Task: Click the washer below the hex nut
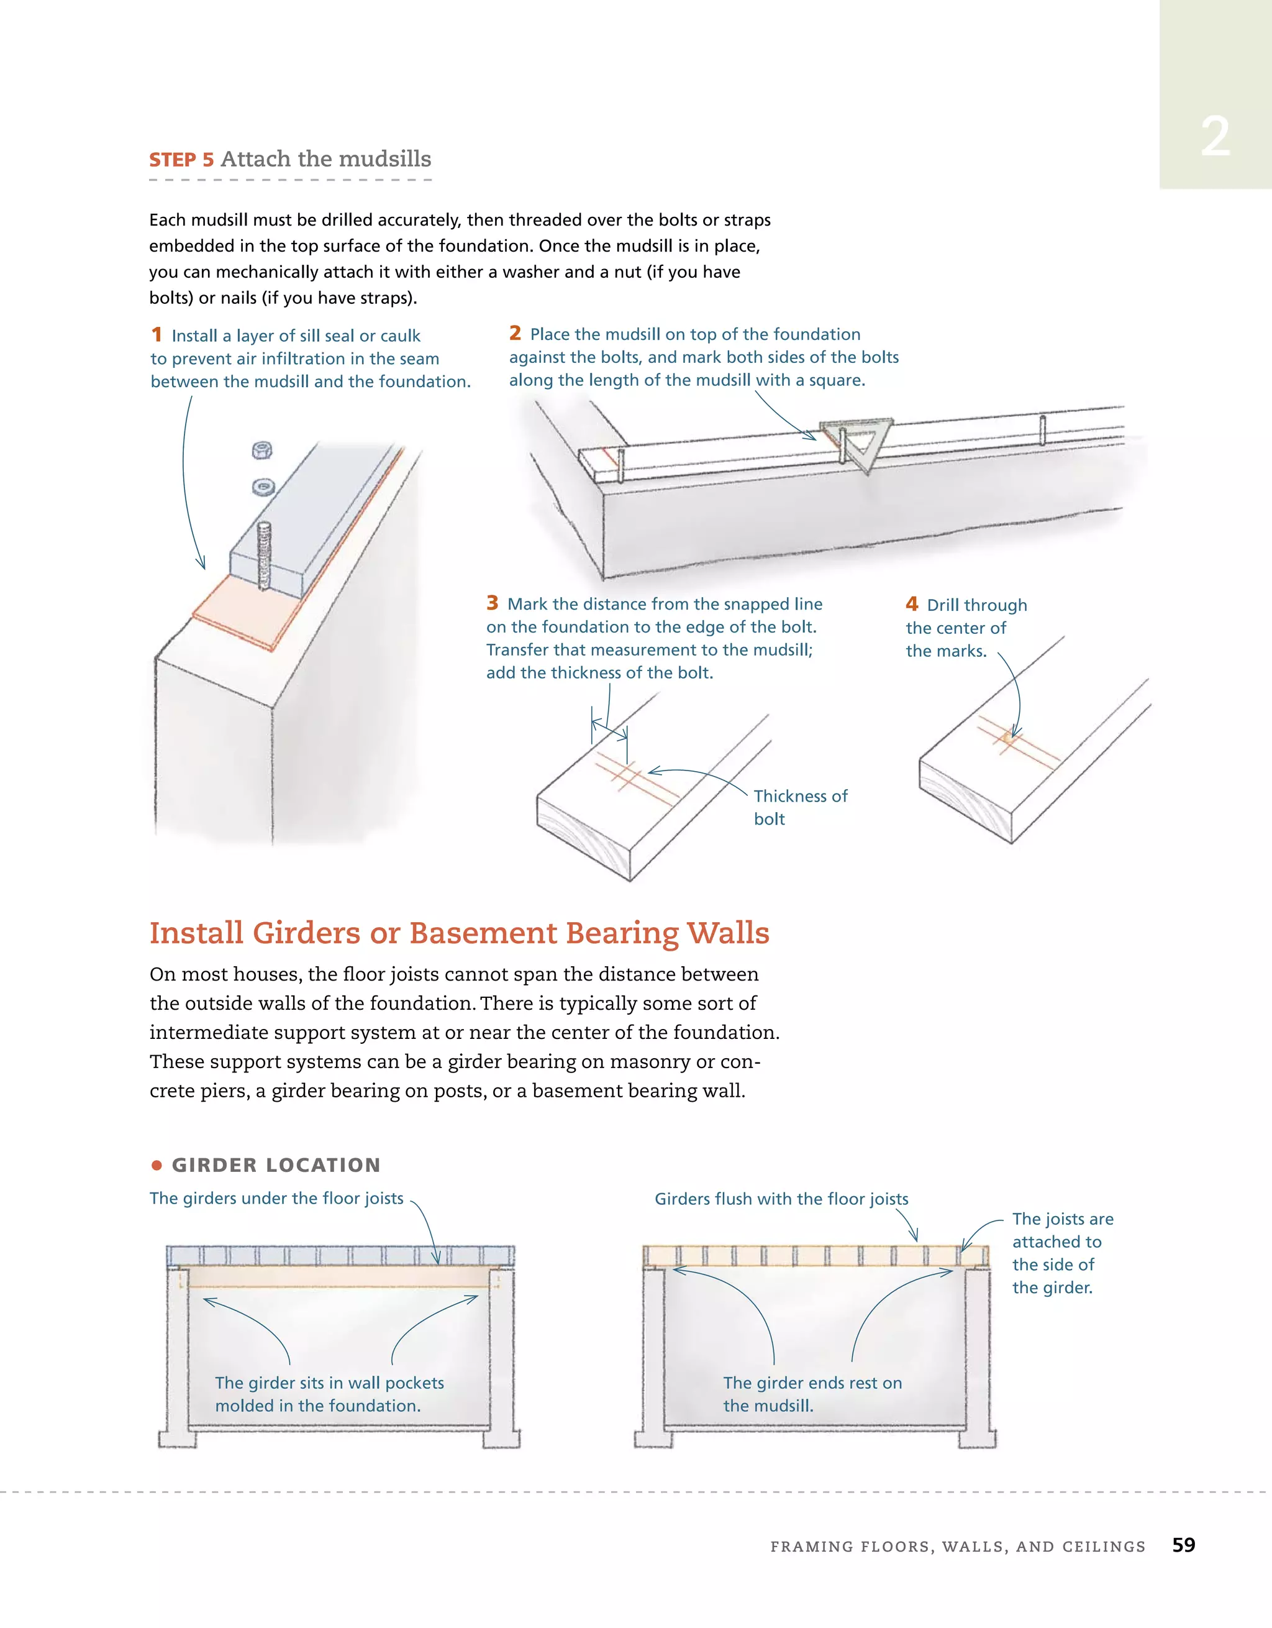tap(262, 488)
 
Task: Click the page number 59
tap(1183, 1545)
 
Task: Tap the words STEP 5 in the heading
tap(181, 160)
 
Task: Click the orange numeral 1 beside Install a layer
tap(157, 335)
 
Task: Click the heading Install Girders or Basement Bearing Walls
tap(459, 933)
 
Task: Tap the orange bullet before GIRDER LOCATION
tap(157, 1165)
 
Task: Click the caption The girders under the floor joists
tap(276, 1199)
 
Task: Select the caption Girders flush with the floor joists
tap(781, 1199)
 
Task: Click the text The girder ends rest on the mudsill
tap(812, 1394)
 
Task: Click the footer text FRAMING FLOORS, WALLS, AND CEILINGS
tap(958, 1547)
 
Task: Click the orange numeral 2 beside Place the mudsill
tap(515, 333)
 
